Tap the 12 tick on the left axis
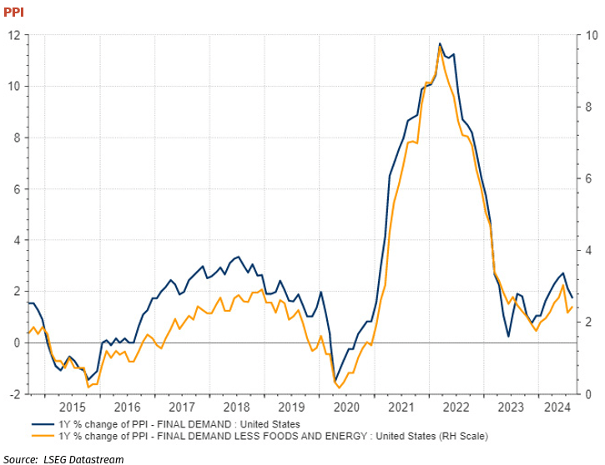(14, 36)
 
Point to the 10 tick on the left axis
(14, 87)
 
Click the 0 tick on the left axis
(18, 342)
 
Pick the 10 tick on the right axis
(591, 36)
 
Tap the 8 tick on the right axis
(588, 107)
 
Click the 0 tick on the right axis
(588, 394)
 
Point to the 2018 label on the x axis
(237, 407)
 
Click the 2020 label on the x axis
(346, 407)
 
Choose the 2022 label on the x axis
(456, 407)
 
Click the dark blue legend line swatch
(41, 424)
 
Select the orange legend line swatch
(41, 435)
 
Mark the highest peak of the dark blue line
(440, 43)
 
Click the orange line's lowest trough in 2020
(339, 387)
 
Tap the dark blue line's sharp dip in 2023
(509, 337)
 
